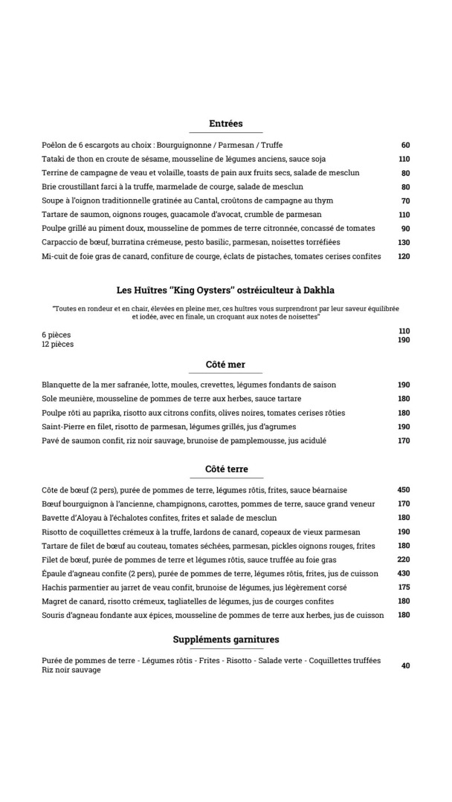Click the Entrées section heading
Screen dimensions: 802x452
pos(226,124)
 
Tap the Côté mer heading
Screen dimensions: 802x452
pos(225,365)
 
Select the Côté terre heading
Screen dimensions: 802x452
pos(226,469)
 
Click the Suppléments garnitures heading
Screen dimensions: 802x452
pos(226,639)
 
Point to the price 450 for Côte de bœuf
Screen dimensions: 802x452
pos(403,490)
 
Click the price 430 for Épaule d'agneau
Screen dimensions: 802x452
pos(403,573)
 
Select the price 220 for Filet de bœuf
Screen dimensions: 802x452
pos(403,560)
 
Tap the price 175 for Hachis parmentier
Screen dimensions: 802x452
pos(403,587)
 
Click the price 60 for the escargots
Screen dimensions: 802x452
pos(405,146)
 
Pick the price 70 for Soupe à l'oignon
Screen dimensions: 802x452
pos(405,200)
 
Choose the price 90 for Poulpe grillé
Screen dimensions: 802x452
pos(405,229)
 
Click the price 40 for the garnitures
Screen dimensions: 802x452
pos(405,666)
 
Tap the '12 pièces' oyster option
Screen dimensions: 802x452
pos(58,345)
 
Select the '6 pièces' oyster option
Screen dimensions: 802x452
pos(56,335)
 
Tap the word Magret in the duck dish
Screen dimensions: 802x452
pos(55,601)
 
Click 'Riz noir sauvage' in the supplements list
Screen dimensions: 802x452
pos(71,670)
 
